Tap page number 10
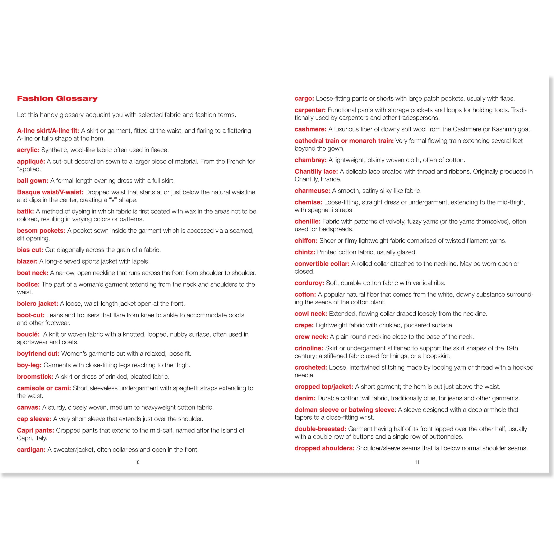137,462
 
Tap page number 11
417,462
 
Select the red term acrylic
28,150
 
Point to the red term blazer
27,261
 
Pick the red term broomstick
35,377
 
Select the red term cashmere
310,129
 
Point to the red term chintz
305,252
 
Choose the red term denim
305,398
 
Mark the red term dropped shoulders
324,448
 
